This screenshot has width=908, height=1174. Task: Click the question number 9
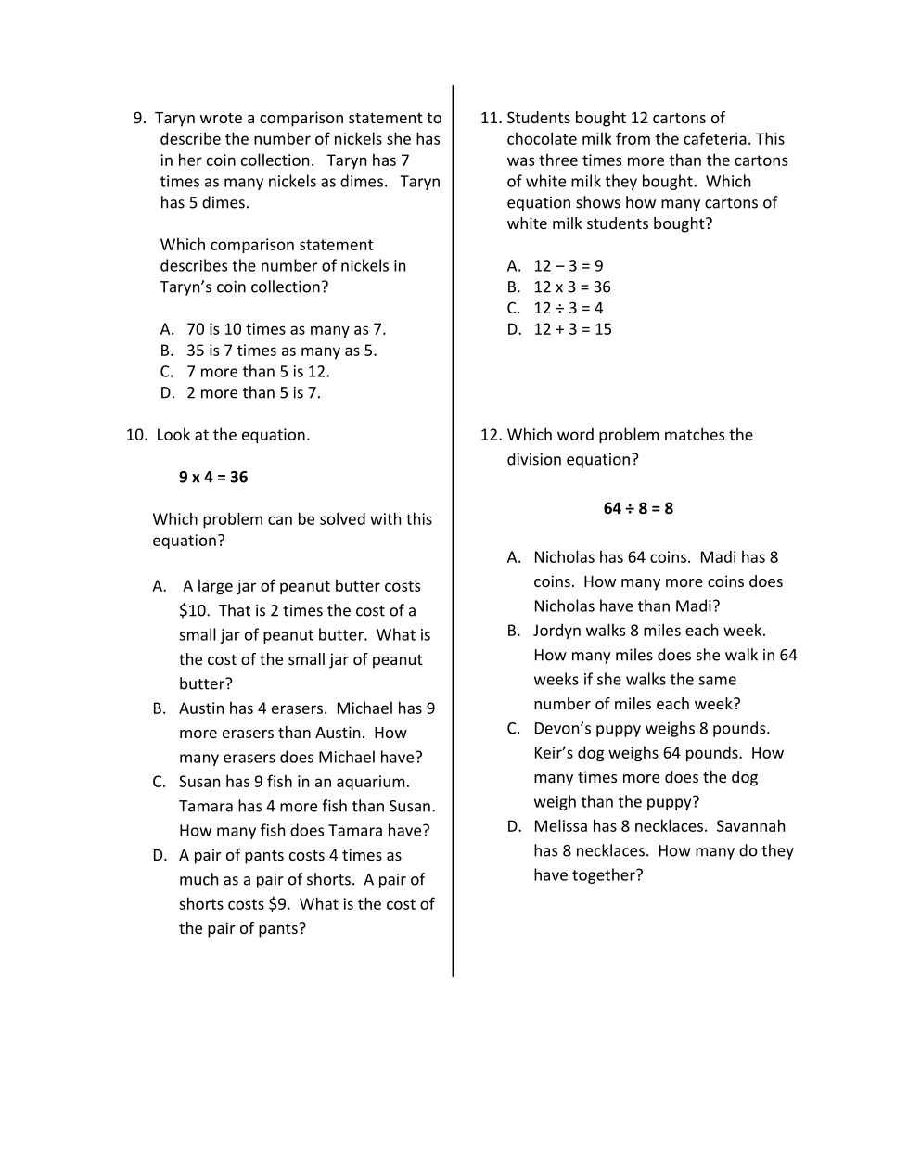point(140,118)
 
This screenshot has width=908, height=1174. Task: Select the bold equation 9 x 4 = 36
point(213,477)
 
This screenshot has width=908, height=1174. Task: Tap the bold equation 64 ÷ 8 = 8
point(638,508)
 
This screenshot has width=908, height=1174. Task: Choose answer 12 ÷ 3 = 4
point(568,308)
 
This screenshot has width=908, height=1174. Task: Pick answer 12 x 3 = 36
point(571,287)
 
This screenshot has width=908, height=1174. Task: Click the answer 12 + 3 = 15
point(572,329)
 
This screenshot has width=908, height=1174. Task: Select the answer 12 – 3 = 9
point(568,265)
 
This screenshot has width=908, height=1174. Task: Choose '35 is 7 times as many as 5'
point(281,351)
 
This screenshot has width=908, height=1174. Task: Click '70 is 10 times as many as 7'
point(286,329)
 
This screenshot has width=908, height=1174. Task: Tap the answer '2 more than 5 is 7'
point(253,392)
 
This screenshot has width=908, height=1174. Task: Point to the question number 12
point(491,435)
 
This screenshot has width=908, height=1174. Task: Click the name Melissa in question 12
point(560,826)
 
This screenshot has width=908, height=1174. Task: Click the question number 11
point(491,118)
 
